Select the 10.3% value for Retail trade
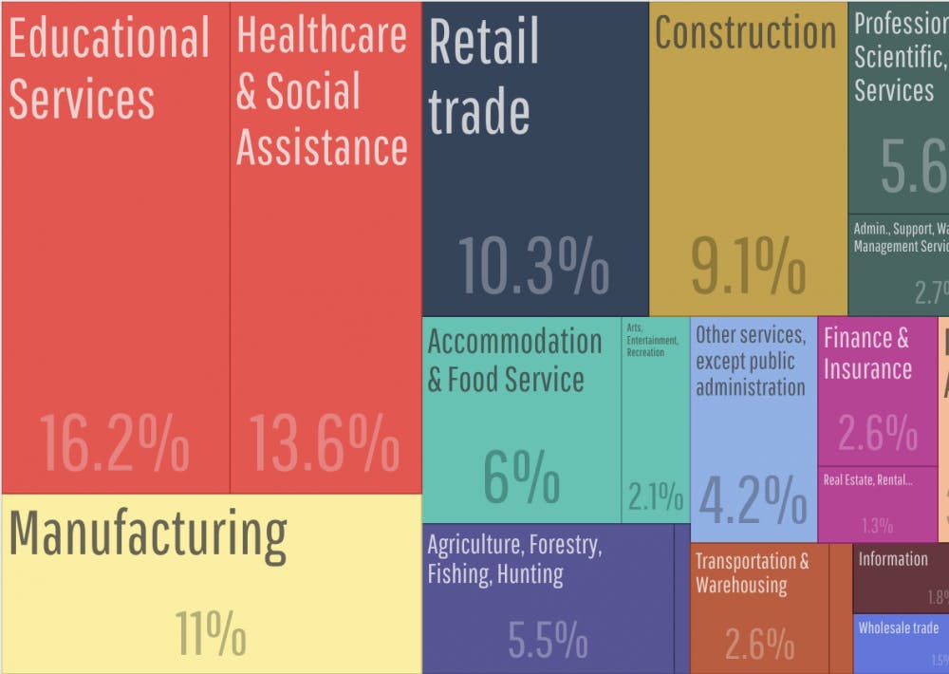[533, 265]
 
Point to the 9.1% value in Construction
[748, 265]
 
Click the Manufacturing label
[148, 534]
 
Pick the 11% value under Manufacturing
[210, 632]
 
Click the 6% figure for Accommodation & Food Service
[521, 477]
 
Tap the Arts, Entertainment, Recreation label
[652, 340]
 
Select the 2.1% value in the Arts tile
[655, 496]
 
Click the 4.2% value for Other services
[753, 497]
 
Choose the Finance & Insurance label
[866, 353]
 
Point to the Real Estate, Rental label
[867, 479]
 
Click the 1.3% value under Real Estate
[877, 525]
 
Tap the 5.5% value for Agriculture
[548, 641]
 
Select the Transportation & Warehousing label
[752, 572]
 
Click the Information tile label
[893, 559]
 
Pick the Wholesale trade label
[898, 627]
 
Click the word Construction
[746, 33]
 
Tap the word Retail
[484, 42]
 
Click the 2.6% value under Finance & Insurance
[877, 434]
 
